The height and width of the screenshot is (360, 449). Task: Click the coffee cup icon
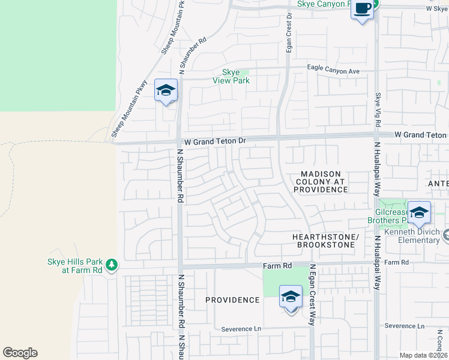pos(361,9)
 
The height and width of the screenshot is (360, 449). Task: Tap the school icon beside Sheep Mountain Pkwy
pos(166,91)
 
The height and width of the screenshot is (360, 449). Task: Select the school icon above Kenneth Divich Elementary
pos(419,212)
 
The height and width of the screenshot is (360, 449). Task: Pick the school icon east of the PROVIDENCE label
pos(291,296)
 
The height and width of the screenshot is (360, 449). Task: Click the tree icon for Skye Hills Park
pos(111,265)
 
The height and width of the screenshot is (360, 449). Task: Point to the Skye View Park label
pos(231,76)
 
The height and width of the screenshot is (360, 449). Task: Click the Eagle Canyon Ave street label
pos(333,71)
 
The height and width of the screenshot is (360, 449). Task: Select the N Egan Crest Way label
pos(312,294)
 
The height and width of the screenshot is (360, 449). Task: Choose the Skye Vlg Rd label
pos(378,109)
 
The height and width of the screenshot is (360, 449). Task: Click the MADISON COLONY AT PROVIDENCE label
pos(321,182)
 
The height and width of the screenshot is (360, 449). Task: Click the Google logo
pos(20,353)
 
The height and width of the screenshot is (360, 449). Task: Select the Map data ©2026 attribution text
pos(423,355)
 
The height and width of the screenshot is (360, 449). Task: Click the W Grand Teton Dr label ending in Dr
pos(215,140)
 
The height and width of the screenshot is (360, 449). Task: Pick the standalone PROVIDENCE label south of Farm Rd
pos(232,300)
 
